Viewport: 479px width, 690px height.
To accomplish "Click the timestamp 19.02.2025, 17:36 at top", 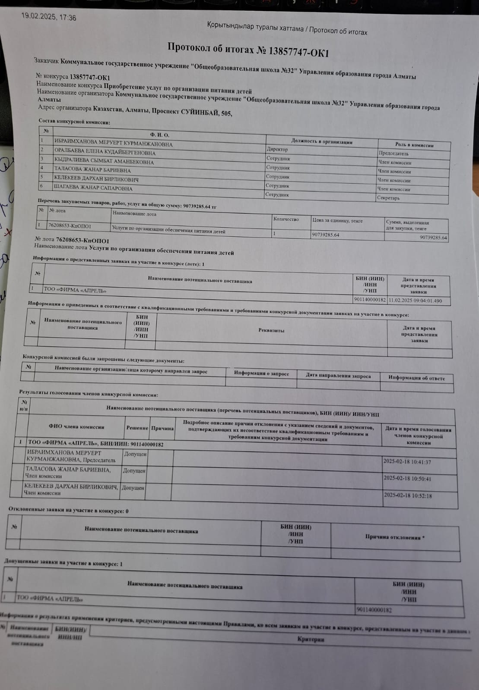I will click(48, 17).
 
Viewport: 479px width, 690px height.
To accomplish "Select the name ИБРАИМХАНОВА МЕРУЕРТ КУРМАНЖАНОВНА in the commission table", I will click(113, 144).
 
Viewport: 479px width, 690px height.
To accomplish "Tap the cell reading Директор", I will click(277, 149).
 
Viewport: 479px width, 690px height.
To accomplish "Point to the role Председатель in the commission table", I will click(393, 154).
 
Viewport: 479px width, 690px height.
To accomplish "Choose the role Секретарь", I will click(388, 198).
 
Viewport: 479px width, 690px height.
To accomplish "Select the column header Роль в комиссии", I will click(414, 145).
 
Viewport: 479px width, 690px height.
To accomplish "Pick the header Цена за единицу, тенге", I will click(337, 221).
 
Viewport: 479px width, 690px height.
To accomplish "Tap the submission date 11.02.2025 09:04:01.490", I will click(415, 301).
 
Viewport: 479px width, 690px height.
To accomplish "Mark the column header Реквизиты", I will click(271, 330).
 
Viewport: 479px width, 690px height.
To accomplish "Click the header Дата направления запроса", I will click(338, 376).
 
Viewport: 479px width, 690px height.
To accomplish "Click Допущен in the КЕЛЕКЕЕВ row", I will click(133, 488).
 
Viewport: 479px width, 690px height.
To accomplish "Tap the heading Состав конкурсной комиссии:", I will click(74, 122).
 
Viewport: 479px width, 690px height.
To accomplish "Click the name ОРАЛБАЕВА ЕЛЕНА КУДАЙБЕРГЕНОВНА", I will click(105, 153).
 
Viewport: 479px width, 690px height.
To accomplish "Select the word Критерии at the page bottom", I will click(311, 640).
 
